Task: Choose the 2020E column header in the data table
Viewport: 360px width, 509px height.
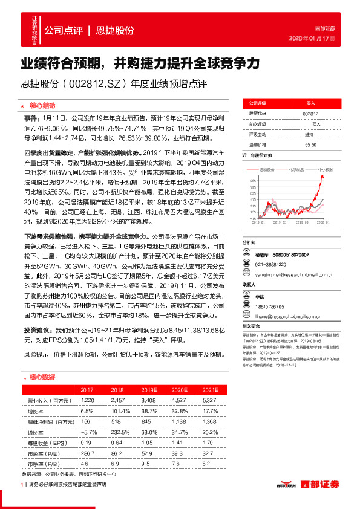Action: [178, 390]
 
